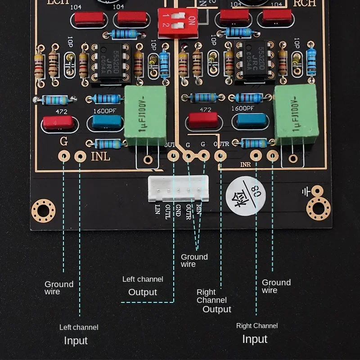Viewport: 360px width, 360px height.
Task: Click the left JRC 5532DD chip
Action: click(107, 63)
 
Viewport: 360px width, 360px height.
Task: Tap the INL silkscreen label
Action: click(100, 157)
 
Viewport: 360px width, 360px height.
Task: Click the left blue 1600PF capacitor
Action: click(107, 122)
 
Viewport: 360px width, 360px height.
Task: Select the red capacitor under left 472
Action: click(57, 122)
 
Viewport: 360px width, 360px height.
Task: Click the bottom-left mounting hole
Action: click(43, 211)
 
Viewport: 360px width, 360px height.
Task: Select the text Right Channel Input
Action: click(256, 333)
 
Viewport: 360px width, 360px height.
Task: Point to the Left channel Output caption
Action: click(143, 286)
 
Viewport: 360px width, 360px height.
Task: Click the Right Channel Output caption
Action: click(213, 300)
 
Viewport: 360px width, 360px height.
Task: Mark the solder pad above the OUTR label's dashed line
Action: click(220, 156)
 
